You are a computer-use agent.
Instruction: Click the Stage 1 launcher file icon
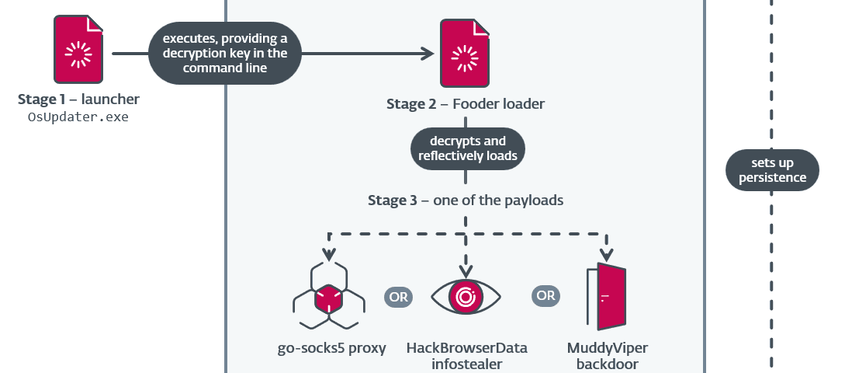tap(78, 51)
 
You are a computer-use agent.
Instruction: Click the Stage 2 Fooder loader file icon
tap(465, 54)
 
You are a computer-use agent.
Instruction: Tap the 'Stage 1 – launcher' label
tap(78, 100)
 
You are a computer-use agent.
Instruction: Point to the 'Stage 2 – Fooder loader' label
tap(465, 104)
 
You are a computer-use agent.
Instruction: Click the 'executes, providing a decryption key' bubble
tap(224, 54)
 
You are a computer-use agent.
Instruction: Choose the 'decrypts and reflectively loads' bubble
tap(466, 148)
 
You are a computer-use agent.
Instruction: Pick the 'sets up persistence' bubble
tap(772, 170)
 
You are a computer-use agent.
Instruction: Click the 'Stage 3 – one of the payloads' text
tap(466, 200)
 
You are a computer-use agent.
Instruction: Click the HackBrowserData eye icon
tap(466, 297)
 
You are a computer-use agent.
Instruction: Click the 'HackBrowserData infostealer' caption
tap(466, 355)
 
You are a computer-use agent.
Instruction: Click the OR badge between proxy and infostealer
tap(398, 296)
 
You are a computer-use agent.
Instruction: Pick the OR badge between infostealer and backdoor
tap(545, 296)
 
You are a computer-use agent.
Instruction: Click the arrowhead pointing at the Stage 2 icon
tap(426, 54)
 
